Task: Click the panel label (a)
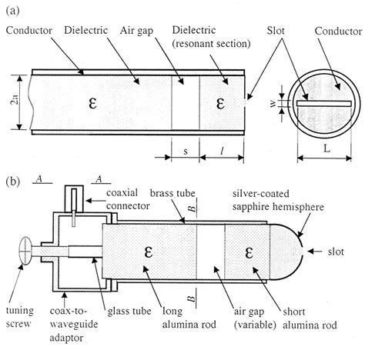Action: pyautogui.click(x=12, y=11)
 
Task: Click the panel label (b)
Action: pyautogui.click(x=13, y=182)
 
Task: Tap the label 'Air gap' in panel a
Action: pyautogui.click(x=136, y=31)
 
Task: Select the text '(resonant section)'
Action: pyautogui.click(x=211, y=44)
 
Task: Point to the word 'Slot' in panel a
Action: pyautogui.click(x=276, y=31)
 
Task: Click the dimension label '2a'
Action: pyautogui.click(x=15, y=99)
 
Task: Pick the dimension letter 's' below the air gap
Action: pyautogui.click(x=186, y=152)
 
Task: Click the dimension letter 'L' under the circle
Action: pyautogui.click(x=326, y=148)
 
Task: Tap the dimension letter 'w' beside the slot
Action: pyautogui.click(x=273, y=103)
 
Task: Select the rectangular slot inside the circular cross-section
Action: pyautogui.click(x=324, y=103)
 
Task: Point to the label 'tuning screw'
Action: pyautogui.click(x=19, y=317)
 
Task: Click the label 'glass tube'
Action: pyautogui.click(x=129, y=312)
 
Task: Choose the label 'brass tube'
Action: pyautogui.click(x=172, y=193)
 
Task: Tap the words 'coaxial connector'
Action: pyautogui.click(x=128, y=199)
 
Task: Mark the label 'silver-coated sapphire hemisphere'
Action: pyautogui.click(x=278, y=200)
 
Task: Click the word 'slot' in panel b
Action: pyautogui.click(x=336, y=252)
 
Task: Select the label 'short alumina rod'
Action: pyautogui.click(x=310, y=318)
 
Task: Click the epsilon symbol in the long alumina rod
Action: pyautogui.click(x=149, y=252)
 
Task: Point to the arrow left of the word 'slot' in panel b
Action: pyautogui.click(x=315, y=252)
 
